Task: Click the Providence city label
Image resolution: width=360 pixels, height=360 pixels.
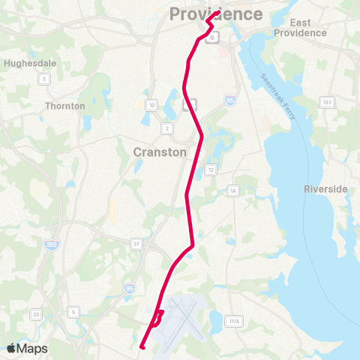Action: pyautogui.click(x=216, y=13)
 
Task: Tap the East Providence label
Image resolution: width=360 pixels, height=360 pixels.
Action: pyautogui.click(x=300, y=28)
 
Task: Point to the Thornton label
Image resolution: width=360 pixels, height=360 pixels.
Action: pyautogui.click(x=65, y=106)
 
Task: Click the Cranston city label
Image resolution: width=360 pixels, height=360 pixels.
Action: pyautogui.click(x=160, y=151)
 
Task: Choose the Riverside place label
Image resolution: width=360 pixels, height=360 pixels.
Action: pyautogui.click(x=326, y=189)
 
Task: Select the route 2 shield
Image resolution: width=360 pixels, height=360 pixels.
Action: pyautogui.click(x=167, y=128)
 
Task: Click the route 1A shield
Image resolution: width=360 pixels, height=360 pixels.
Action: pyautogui.click(x=233, y=191)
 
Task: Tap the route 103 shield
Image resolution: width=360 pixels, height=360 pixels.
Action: pyautogui.click(x=326, y=101)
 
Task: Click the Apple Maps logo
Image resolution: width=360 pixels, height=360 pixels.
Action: pyautogui.click(x=28, y=348)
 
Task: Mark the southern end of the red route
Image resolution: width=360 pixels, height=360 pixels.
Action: pyautogui.click(x=142, y=346)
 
